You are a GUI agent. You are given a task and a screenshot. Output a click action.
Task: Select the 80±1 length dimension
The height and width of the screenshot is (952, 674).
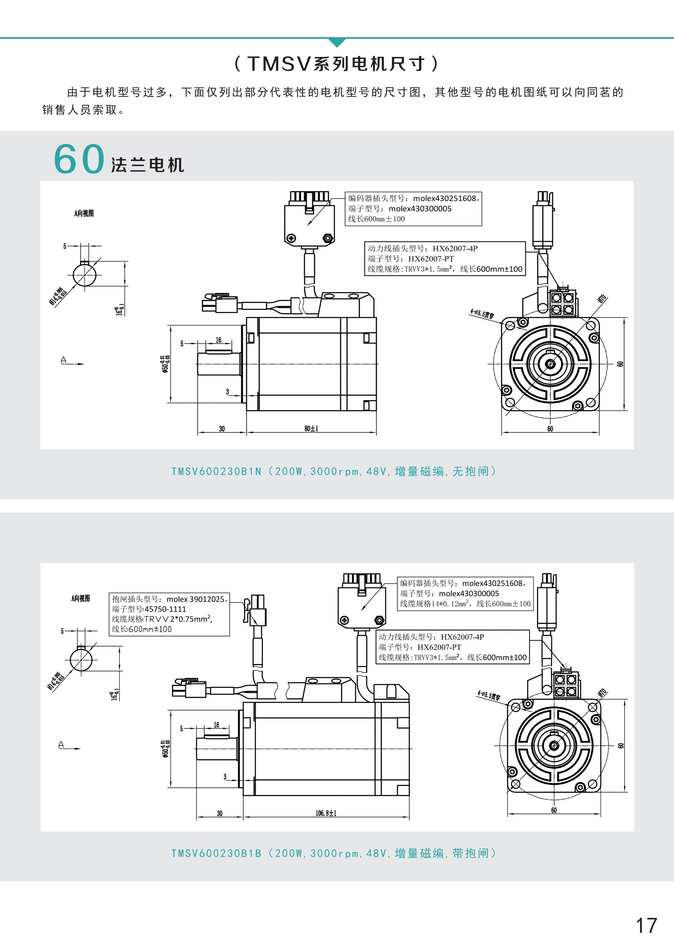[x=311, y=428]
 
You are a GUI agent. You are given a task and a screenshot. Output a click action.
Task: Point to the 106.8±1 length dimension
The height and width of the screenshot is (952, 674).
[x=326, y=813]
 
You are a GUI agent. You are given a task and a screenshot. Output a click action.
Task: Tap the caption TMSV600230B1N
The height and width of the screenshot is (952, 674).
[x=216, y=472]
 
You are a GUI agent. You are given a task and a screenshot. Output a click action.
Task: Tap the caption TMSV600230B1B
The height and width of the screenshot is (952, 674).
[x=216, y=853]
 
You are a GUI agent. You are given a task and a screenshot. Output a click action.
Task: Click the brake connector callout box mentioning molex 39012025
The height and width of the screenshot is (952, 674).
[x=169, y=614]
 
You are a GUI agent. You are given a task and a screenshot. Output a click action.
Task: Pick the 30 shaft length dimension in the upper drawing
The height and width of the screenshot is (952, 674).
[x=222, y=429]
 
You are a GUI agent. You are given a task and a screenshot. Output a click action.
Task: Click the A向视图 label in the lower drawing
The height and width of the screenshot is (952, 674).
[x=80, y=598]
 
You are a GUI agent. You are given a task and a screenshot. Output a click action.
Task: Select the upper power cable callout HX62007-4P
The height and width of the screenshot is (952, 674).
[x=445, y=259]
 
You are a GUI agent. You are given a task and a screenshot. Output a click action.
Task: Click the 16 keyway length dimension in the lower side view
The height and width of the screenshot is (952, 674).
[x=217, y=725]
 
